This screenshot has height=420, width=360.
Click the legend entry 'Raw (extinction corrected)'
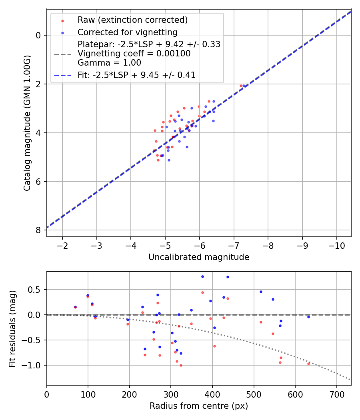[x=132, y=20]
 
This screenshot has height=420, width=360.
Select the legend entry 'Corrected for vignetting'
[x=127, y=32]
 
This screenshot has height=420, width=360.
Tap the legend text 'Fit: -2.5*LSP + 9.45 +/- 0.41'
[x=136, y=75]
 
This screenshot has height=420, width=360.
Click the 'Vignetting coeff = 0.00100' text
[x=134, y=54]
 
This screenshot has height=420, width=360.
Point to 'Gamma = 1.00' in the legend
[x=109, y=63]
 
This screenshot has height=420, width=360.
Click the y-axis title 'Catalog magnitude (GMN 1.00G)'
[x=27, y=123]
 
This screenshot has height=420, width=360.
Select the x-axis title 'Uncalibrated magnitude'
[x=199, y=257]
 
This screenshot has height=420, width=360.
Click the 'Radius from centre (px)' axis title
[x=199, y=406]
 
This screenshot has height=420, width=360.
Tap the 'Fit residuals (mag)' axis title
[x=12, y=328]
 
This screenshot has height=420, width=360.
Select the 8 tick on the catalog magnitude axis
[x=38, y=230]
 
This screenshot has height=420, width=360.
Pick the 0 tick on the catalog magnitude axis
[x=38, y=35]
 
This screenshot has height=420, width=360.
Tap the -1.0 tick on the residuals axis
[x=34, y=366]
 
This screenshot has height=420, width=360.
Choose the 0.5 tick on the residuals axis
[x=36, y=290]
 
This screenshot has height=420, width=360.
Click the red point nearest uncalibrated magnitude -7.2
[x=241, y=86]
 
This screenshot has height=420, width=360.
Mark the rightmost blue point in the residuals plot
[x=308, y=317]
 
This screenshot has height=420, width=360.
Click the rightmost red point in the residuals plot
[x=308, y=364]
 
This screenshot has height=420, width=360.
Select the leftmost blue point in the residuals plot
[x=75, y=307]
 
